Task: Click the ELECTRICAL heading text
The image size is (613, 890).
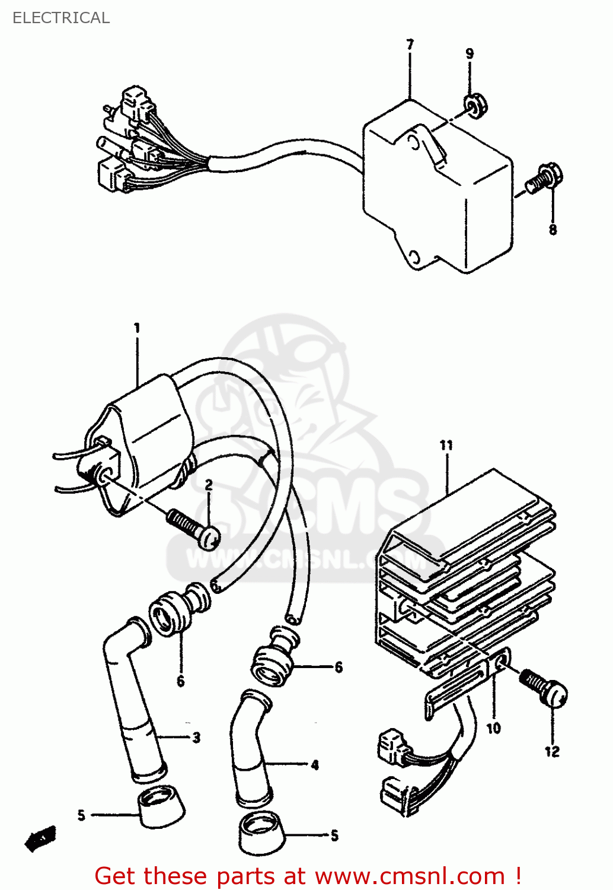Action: (x=61, y=18)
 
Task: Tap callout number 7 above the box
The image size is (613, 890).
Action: (x=410, y=45)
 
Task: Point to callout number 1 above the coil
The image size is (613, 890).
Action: (x=137, y=328)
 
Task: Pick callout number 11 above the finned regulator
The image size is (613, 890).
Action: (x=446, y=445)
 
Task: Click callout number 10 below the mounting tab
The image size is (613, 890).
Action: (x=494, y=728)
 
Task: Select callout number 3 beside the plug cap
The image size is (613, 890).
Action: (x=196, y=738)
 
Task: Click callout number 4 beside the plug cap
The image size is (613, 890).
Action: (x=315, y=765)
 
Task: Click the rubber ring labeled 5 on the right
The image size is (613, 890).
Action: (x=261, y=833)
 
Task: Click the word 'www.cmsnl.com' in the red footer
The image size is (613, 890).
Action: (x=409, y=876)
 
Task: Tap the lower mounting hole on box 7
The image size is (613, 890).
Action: (x=414, y=258)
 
